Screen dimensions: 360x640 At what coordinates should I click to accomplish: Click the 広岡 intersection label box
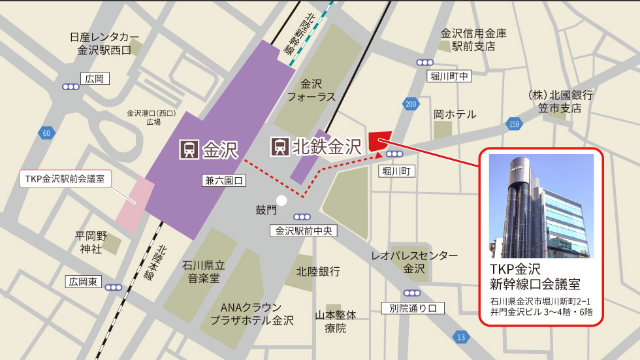click(x=95, y=79)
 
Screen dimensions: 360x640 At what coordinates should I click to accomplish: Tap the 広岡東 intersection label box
click(x=84, y=282)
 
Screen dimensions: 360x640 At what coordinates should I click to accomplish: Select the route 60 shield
click(x=46, y=133)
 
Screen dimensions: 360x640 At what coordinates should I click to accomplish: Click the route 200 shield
click(x=411, y=104)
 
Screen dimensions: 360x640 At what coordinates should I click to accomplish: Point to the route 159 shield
click(x=515, y=124)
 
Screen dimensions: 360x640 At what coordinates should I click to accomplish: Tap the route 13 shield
click(x=461, y=337)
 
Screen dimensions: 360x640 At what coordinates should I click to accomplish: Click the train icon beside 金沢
click(x=189, y=150)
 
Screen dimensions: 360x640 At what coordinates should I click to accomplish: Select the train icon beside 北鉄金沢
click(x=281, y=146)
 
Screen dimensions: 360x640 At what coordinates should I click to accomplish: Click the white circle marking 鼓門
click(x=281, y=201)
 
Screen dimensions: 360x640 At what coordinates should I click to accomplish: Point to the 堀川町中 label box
click(x=449, y=76)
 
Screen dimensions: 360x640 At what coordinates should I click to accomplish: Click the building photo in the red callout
click(x=541, y=206)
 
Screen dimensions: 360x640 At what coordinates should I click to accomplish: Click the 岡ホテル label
click(x=455, y=114)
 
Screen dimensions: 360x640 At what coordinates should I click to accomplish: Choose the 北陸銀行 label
click(x=318, y=270)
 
